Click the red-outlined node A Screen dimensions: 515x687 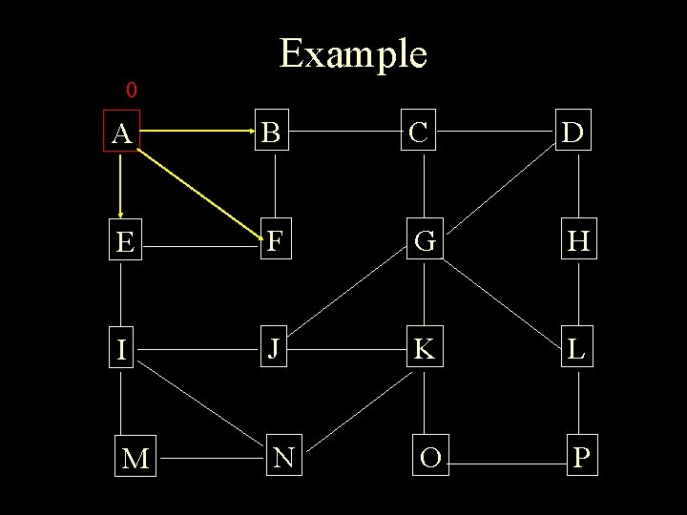[x=121, y=134]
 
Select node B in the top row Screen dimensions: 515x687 [x=273, y=134]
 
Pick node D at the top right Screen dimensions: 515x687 [x=574, y=134]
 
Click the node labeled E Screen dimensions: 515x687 [x=123, y=243]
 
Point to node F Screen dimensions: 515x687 [x=273, y=242]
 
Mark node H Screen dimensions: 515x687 [x=577, y=242]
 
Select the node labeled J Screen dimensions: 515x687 [x=273, y=349]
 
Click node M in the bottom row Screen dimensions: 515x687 [x=135, y=459]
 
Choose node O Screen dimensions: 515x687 [x=429, y=458]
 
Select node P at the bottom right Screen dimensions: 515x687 [x=581, y=458]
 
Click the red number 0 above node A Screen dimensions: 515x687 [x=132, y=91]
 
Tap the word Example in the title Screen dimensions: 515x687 [x=353, y=53]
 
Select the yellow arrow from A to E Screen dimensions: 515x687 [x=121, y=186]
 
